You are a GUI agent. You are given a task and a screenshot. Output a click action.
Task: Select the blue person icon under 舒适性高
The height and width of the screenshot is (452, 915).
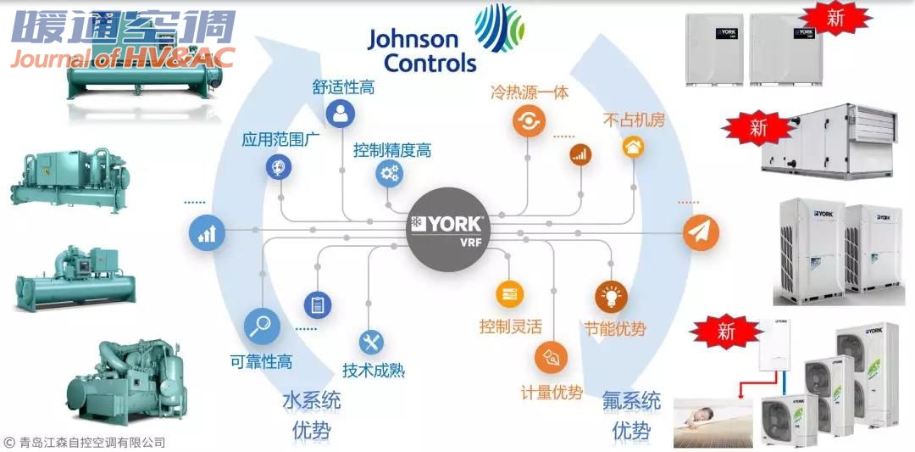point(341,114)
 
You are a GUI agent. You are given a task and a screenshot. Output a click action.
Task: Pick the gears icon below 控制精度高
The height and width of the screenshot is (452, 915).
point(390,175)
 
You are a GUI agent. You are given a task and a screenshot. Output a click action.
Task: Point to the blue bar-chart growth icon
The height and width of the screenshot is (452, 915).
point(207,232)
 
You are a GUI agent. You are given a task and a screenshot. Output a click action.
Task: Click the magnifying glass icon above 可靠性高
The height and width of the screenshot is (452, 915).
point(262,326)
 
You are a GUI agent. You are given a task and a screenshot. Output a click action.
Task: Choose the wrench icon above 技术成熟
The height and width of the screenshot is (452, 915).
point(371,342)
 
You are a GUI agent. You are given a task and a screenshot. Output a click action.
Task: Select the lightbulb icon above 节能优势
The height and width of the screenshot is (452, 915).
point(610,295)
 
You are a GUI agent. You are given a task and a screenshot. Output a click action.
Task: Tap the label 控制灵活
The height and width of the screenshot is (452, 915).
point(510,326)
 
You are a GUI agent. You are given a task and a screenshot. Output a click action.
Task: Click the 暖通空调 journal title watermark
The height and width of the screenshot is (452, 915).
point(124,27)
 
